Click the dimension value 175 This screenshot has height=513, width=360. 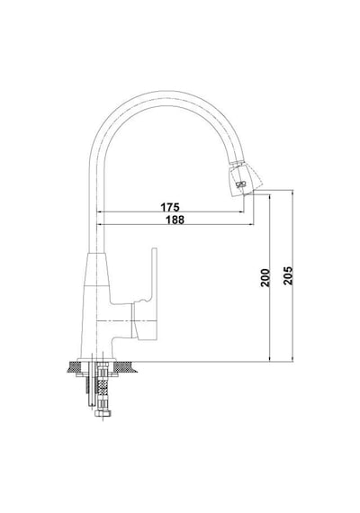point(170,207)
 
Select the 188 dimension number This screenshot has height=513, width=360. point(175,220)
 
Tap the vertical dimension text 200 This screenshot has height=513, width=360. point(265,277)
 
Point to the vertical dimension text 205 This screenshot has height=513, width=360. point(288,275)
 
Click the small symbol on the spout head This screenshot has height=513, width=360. point(240,184)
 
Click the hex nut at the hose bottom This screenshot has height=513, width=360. point(103,413)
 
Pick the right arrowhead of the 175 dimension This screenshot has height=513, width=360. point(242,212)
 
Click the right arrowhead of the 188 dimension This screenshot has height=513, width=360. point(251,224)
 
